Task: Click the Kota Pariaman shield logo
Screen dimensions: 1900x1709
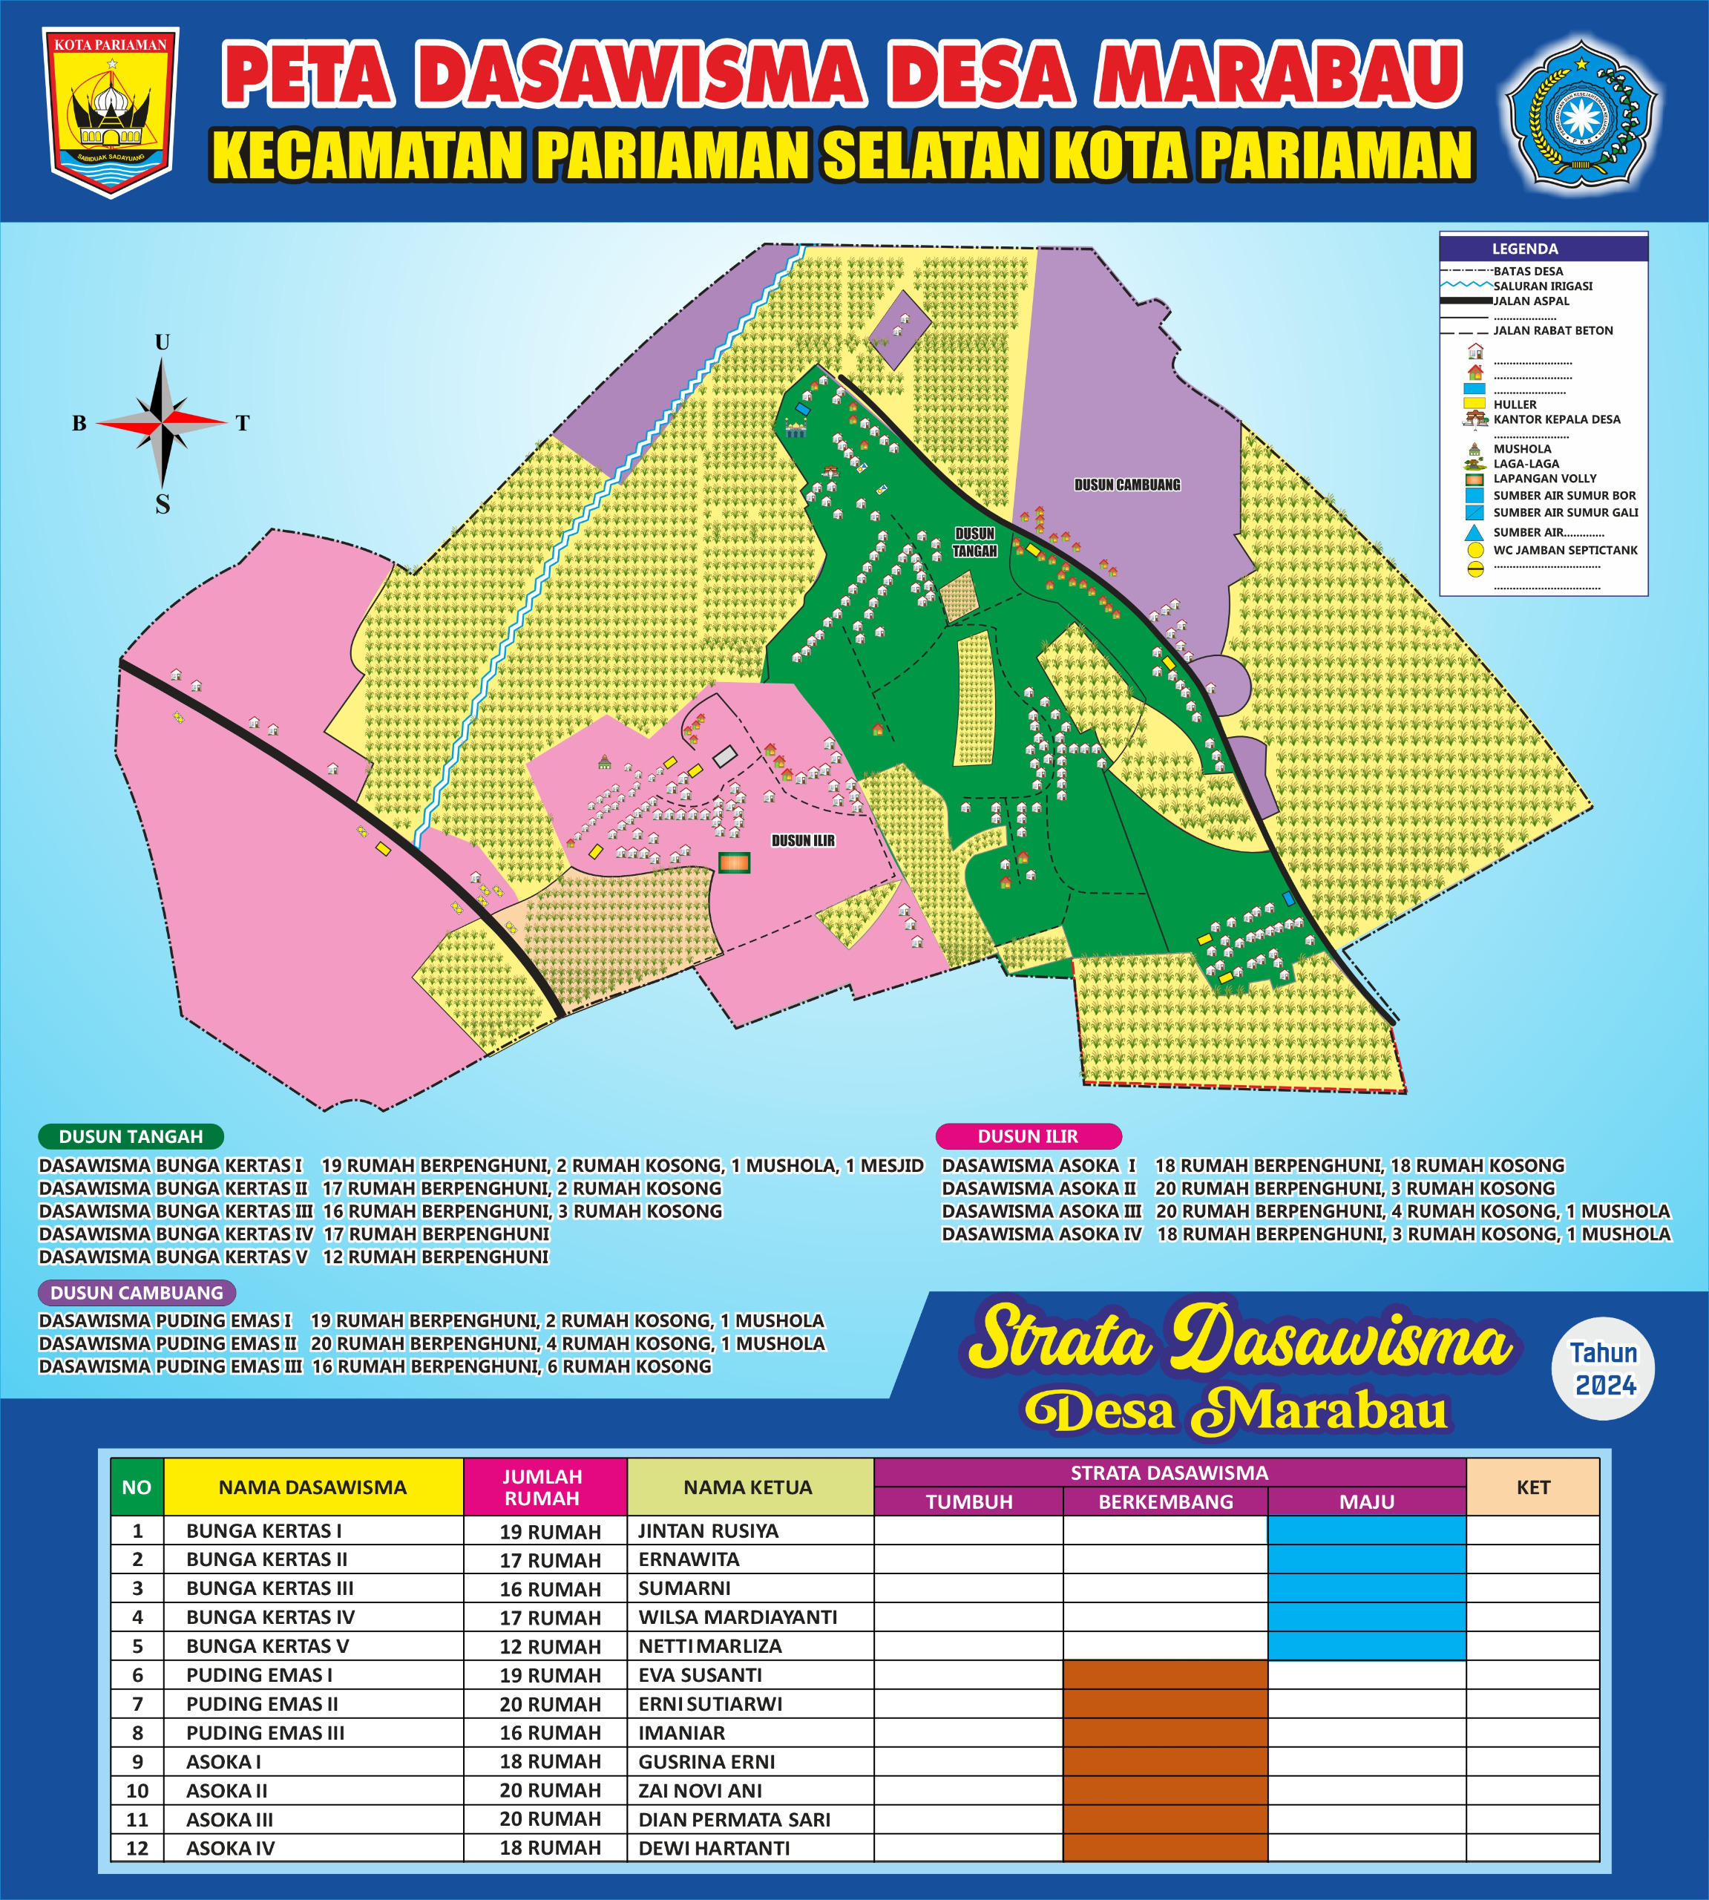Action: pos(111,111)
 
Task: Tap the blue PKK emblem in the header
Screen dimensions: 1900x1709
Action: pos(1581,113)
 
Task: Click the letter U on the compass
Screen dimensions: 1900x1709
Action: pos(163,342)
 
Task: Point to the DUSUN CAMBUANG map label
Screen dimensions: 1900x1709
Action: pos(1126,485)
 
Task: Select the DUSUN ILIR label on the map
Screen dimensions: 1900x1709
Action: pos(803,841)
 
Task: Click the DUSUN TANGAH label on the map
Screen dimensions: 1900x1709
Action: pos(974,542)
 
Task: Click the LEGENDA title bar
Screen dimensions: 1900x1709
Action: pos(1543,249)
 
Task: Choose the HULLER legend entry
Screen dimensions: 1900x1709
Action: pos(1515,404)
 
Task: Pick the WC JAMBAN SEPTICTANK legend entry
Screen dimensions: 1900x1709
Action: pos(1564,551)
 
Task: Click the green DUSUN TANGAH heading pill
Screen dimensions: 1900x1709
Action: pos(131,1136)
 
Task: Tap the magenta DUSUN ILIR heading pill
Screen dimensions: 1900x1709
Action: pos(1029,1136)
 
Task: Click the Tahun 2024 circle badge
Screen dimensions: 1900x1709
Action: pos(1604,1369)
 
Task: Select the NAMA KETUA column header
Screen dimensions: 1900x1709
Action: pos(749,1487)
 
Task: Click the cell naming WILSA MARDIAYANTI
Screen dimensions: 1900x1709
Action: pos(737,1617)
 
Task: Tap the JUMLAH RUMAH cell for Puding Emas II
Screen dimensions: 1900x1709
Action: pos(549,1705)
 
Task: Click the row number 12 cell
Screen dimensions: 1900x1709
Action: pos(137,1848)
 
